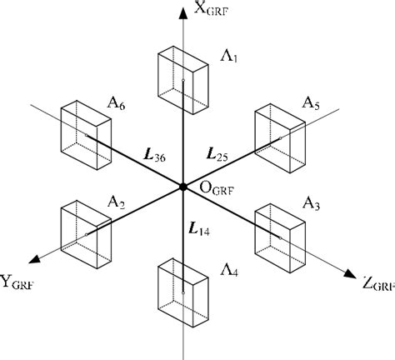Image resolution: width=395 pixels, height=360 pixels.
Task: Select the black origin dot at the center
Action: (x=182, y=187)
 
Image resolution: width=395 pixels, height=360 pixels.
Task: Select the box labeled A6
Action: (x=87, y=132)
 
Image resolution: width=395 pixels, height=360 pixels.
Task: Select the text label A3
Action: (x=310, y=202)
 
